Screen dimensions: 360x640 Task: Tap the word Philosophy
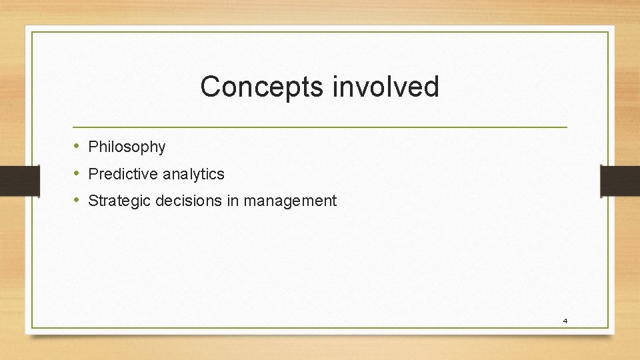pos(127,147)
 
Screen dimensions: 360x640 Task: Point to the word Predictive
pos(123,174)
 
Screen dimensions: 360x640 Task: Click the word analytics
pos(194,174)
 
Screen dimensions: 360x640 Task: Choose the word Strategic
pos(119,201)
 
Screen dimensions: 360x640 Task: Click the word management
pos(290,201)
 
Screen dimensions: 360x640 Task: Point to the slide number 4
pos(565,321)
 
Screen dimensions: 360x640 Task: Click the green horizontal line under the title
pos(320,127)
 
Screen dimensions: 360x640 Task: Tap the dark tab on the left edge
pos(11,181)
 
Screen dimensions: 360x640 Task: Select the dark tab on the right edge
pos(620,181)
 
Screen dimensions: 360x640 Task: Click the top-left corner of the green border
pos(32,32)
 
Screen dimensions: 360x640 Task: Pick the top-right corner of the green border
pos(608,32)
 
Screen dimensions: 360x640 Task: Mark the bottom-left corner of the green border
pos(32,327)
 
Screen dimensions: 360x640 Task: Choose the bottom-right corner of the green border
pos(608,327)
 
